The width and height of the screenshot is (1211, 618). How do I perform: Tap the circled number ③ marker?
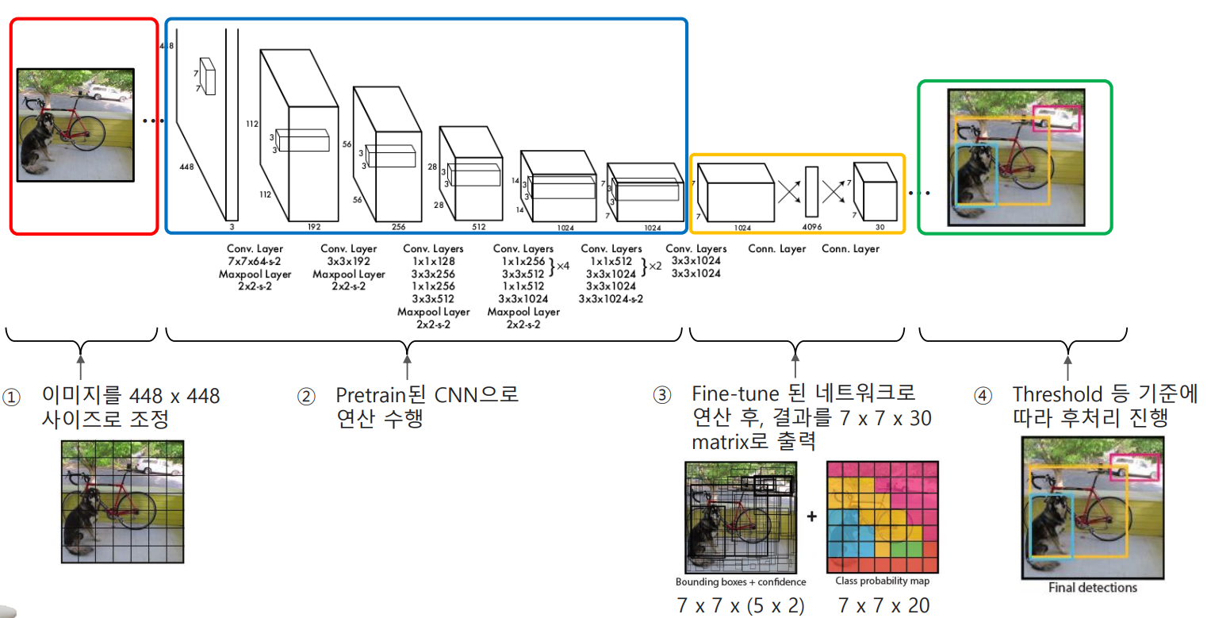[661, 394]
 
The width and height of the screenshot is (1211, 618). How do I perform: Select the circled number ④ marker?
[983, 394]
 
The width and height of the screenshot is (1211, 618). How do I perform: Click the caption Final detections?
[1092, 588]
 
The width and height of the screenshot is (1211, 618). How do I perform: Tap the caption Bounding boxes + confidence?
[741, 582]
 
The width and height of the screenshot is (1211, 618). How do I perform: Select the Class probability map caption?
[883, 581]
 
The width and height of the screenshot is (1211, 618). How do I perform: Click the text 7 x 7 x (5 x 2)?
[741, 605]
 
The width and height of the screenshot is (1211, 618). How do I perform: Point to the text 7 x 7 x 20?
[883, 605]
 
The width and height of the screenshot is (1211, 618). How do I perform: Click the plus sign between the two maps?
[811, 517]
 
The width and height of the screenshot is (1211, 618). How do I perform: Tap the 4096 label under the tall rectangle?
[811, 228]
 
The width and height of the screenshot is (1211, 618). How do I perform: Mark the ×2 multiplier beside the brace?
[655, 267]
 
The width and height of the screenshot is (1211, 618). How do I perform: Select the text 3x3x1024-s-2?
[611, 299]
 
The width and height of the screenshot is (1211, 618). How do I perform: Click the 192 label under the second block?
[313, 227]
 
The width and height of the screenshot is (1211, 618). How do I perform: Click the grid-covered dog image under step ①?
[123, 501]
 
